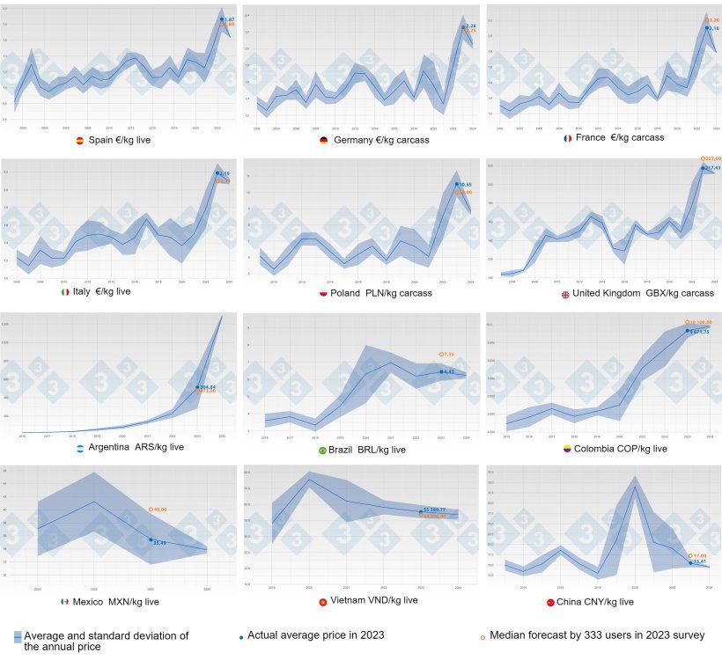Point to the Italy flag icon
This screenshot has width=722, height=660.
[63, 291]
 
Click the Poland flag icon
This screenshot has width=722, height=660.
[322, 293]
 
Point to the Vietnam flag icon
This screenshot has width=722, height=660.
[323, 602]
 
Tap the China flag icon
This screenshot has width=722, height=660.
[550, 603]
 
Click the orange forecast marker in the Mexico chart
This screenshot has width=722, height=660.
[151, 510]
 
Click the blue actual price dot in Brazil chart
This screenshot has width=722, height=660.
[441, 372]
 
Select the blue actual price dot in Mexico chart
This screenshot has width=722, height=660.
[151, 540]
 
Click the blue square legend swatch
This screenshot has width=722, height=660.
[18, 636]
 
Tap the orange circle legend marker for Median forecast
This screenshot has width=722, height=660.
[483, 635]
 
